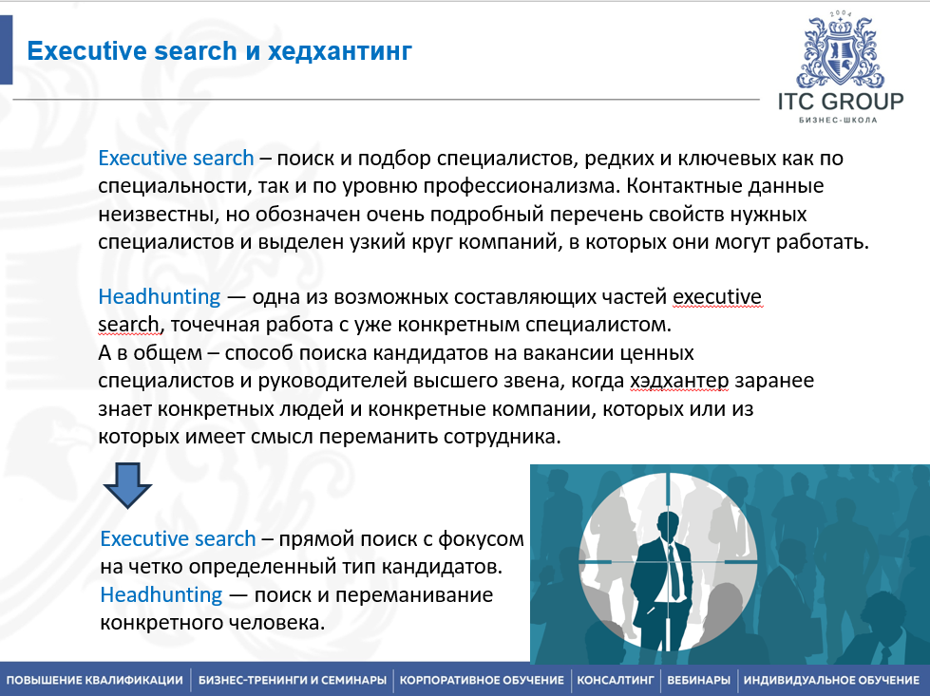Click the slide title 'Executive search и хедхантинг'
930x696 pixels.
[x=219, y=50]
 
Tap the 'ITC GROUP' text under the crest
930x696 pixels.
[x=841, y=102]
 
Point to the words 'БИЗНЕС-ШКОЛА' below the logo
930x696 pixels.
[x=841, y=122]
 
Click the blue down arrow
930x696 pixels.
[x=127, y=484]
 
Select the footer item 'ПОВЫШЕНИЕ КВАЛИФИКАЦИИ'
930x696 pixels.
[x=95, y=680]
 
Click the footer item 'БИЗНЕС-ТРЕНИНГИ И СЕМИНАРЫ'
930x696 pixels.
[x=293, y=680]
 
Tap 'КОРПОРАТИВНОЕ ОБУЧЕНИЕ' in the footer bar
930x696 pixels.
[x=483, y=680]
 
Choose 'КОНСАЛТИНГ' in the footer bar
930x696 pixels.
[x=617, y=680]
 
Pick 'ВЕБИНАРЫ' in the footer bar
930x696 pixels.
[x=699, y=680]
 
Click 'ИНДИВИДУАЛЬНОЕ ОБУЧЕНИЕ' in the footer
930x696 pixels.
[x=831, y=680]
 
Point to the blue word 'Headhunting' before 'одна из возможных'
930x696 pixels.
[x=160, y=297]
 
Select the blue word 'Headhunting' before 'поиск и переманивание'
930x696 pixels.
[x=161, y=595]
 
